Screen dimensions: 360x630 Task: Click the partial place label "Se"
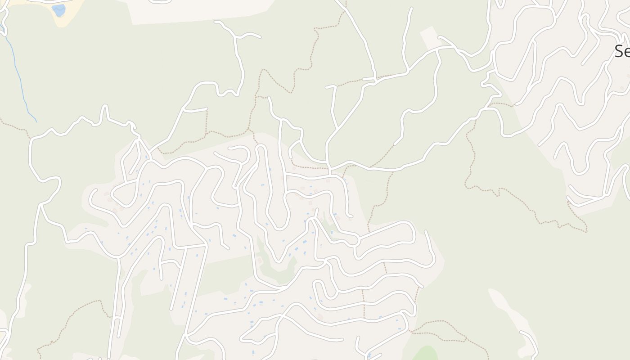tap(622, 52)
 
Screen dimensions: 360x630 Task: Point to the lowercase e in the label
tap(627, 53)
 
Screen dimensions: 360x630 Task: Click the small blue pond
tap(58, 10)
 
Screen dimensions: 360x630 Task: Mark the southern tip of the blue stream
tap(36, 122)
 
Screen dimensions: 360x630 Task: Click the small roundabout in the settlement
tap(355, 240)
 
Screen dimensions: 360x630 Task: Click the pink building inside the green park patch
tap(260, 260)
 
